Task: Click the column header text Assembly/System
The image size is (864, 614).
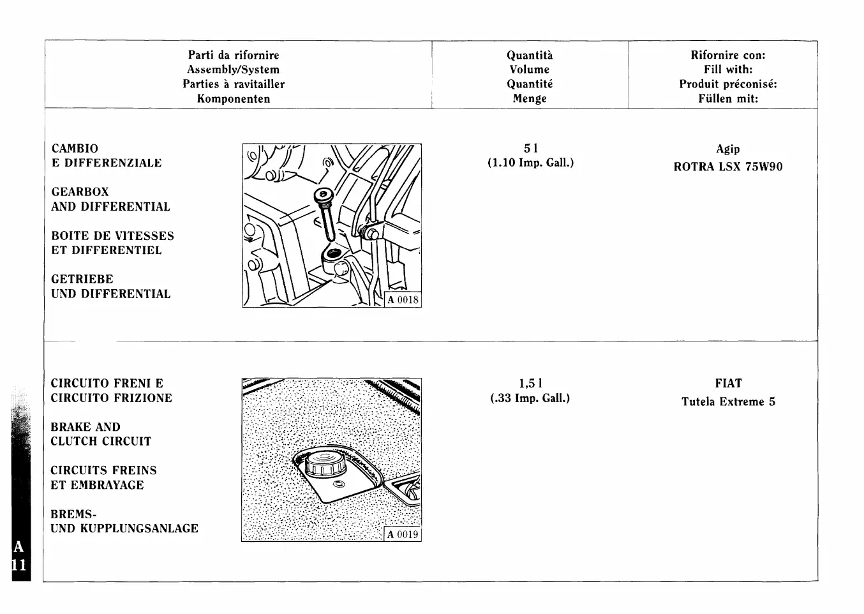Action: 233,70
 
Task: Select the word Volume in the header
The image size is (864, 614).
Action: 529,70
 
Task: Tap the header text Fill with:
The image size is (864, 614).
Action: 728,70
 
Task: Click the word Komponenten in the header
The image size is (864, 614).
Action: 233,99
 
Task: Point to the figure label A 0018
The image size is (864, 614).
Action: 403,299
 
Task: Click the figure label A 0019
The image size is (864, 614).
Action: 403,534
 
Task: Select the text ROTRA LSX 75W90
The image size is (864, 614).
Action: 728,167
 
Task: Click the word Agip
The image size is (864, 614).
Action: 728,149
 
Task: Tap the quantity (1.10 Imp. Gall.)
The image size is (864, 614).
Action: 530,163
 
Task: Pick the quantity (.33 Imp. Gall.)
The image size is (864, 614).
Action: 530,398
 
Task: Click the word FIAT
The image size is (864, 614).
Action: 728,384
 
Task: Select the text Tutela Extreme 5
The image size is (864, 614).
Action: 728,402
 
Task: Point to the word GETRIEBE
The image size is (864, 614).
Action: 82,280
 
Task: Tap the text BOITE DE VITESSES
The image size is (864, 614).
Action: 112,236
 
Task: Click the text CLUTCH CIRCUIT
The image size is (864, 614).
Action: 101,442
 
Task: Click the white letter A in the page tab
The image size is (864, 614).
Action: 19,547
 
